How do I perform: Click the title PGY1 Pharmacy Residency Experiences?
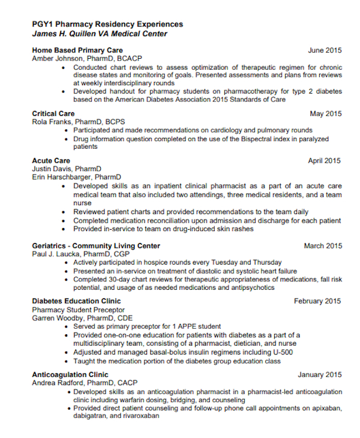click(107, 24)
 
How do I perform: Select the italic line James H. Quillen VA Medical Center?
click(100, 34)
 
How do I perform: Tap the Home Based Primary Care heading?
click(77, 50)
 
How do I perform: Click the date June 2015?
click(325, 50)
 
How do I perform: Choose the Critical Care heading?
click(53, 113)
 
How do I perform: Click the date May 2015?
click(326, 113)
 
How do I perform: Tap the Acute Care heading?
click(51, 161)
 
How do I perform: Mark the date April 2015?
click(325, 161)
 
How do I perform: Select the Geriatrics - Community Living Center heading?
click(96, 246)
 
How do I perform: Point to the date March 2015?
click(323, 246)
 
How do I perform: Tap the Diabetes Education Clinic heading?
click(76, 301)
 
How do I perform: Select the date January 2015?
click(320, 375)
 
